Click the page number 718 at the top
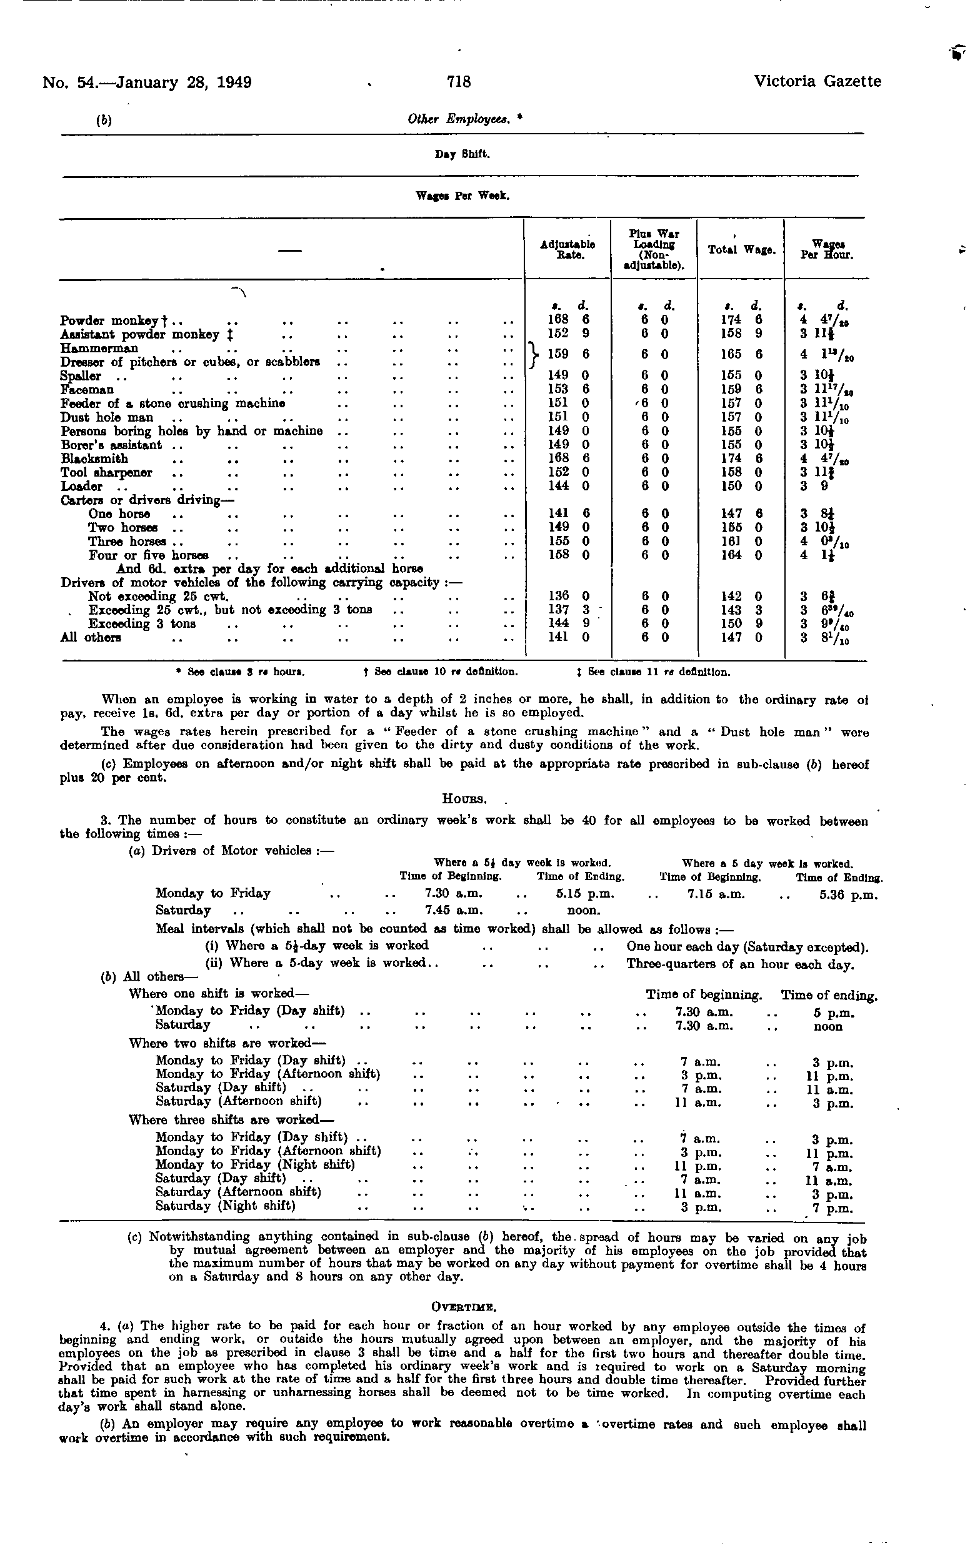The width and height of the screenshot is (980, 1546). pos(459,82)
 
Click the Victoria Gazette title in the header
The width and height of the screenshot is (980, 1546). pos(817,82)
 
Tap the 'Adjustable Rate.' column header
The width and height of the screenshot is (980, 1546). pos(567,249)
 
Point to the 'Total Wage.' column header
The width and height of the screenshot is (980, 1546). pos(742,250)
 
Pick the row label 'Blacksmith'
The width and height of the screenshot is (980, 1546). pos(94,458)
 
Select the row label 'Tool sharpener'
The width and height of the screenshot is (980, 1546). pos(107,472)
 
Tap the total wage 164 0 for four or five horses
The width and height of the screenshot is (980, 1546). pos(742,555)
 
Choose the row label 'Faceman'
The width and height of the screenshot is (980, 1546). pos(87,390)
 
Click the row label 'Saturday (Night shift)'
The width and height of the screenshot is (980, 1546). pos(226,1205)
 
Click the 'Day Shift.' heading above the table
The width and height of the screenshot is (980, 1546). pos(462,154)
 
